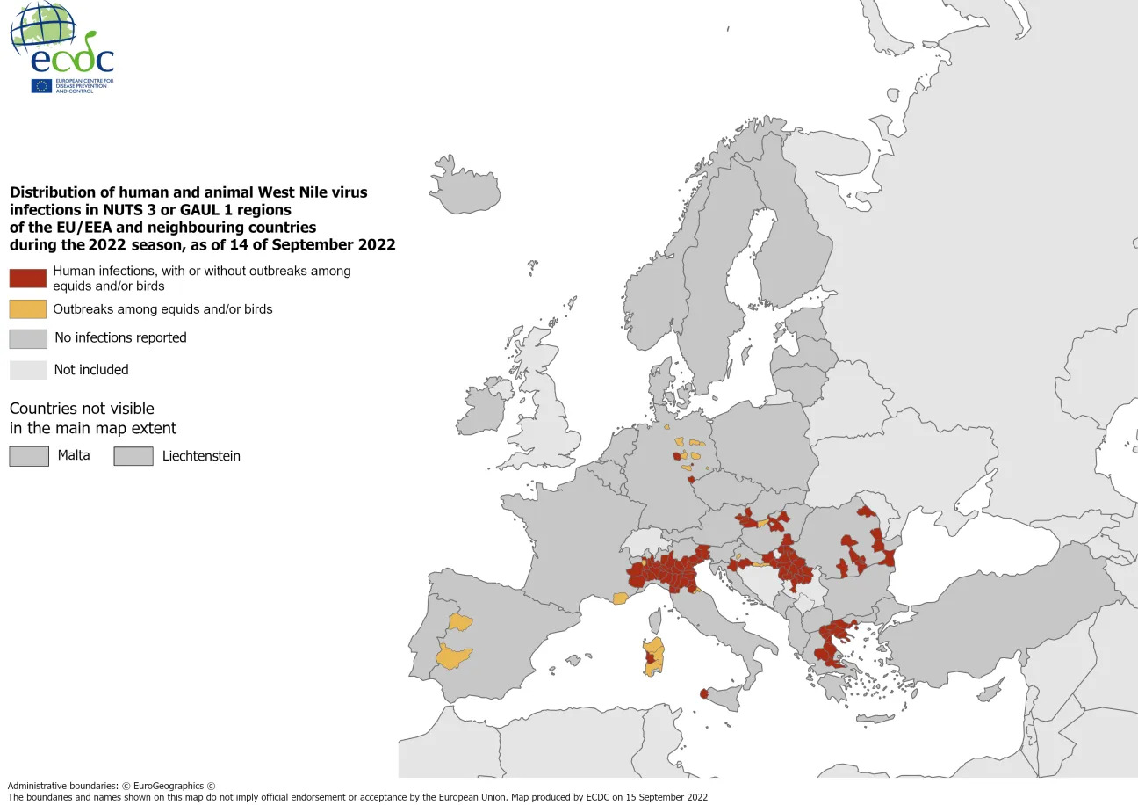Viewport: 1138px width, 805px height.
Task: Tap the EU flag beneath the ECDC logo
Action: click(x=41, y=86)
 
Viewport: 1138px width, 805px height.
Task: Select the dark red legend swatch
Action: click(x=27, y=279)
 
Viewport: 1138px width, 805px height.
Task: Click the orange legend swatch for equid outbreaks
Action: click(x=27, y=309)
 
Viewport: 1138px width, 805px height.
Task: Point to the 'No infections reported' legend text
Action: click(x=120, y=337)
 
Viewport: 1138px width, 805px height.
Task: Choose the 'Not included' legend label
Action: click(x=91, y=370)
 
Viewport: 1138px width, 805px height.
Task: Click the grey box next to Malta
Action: click(x=29, y=456)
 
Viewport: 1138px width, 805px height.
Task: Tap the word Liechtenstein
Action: click(x=201, y=456)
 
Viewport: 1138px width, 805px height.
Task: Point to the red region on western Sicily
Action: click(x=703, y=693)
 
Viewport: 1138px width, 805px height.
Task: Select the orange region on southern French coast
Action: click(x=620, y=598)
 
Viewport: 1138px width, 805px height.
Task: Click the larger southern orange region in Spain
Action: click(x=454, y=656)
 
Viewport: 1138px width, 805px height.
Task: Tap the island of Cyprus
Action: click(x=990, y=693)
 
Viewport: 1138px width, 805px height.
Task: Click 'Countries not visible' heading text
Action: click(x=82, y=409)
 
